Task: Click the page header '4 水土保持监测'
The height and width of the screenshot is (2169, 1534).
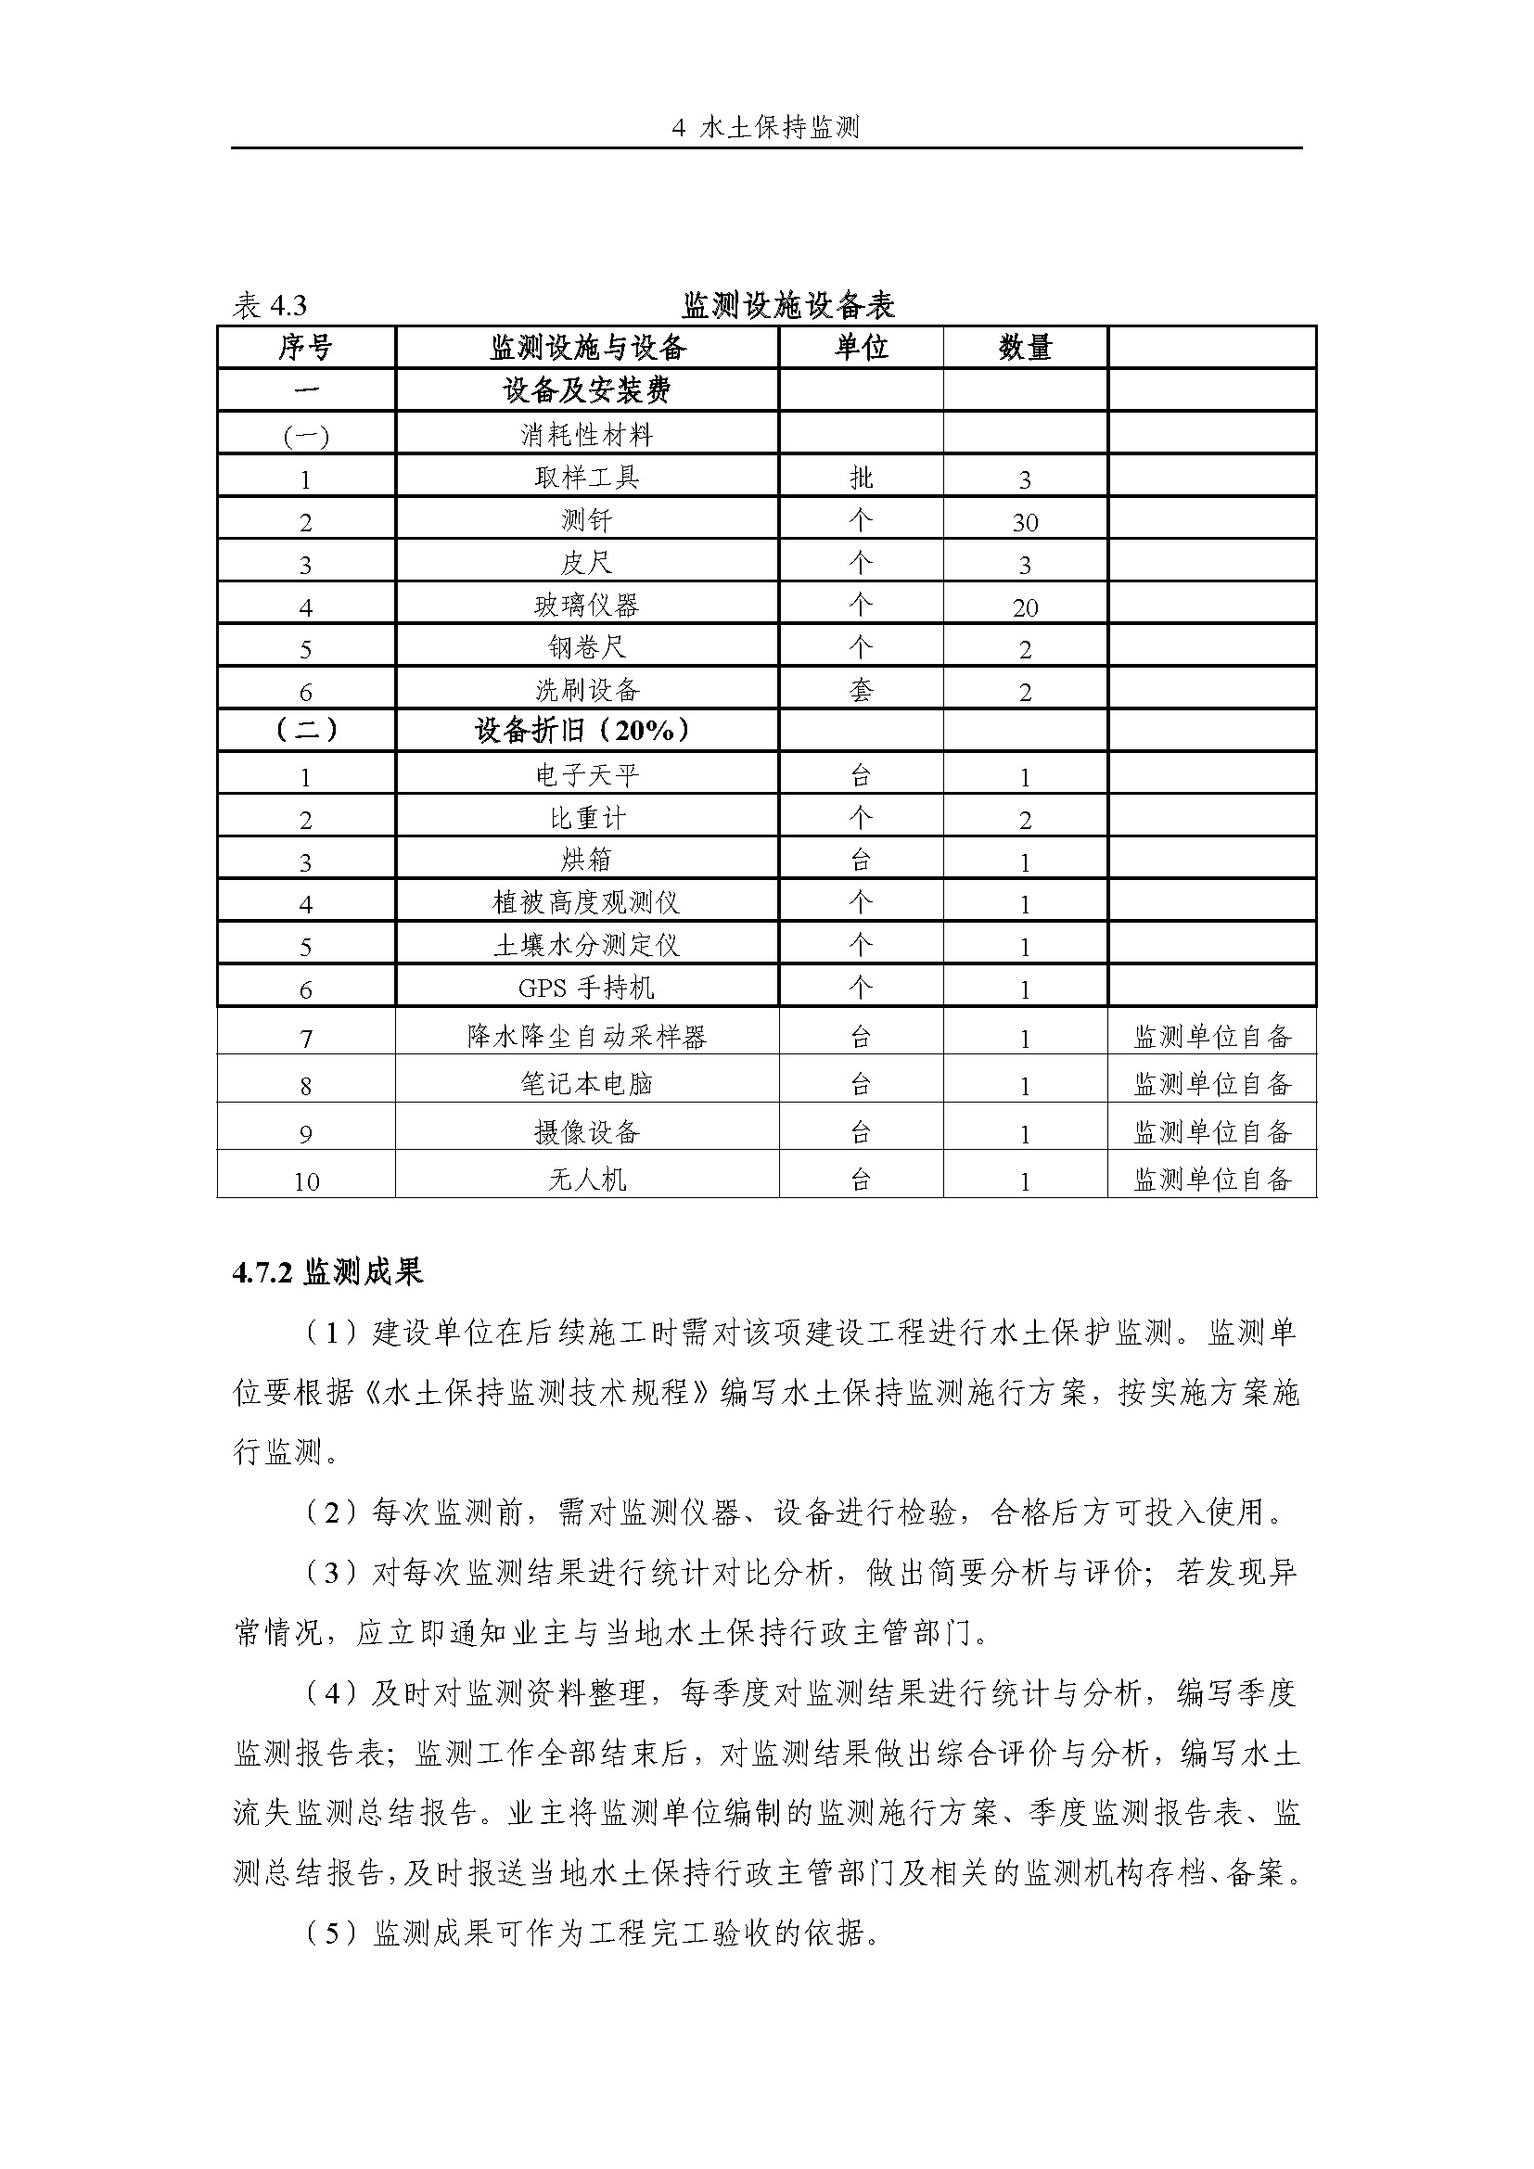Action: (766, 128)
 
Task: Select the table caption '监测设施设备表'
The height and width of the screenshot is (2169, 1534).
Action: (788, 305)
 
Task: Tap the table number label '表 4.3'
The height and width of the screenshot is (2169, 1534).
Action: (270, 306)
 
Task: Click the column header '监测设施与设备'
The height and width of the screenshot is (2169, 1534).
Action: (586, 348)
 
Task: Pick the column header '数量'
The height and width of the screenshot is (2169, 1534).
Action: (1025, 348)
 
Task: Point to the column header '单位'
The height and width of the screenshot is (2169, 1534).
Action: (861, 348)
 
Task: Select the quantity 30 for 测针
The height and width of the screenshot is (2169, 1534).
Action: (1025, 522)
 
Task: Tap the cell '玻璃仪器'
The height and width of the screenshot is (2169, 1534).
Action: (586, 606)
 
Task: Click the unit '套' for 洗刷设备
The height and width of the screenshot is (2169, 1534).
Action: (861, 691)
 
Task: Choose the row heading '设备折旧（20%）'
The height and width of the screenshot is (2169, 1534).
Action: (586, 730)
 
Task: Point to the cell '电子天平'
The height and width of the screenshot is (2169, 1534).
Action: (586, 775)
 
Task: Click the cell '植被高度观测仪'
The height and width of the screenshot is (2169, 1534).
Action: (586, 903)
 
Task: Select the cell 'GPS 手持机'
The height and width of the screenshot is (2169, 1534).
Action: (586, 989)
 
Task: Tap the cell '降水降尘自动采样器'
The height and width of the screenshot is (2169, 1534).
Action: (586, 1038)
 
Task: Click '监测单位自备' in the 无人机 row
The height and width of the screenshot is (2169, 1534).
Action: (1212, 1179)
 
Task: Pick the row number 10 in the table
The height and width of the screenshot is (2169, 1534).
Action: (306, 1180)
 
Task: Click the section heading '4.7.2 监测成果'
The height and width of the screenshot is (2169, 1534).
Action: (327, 1272)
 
